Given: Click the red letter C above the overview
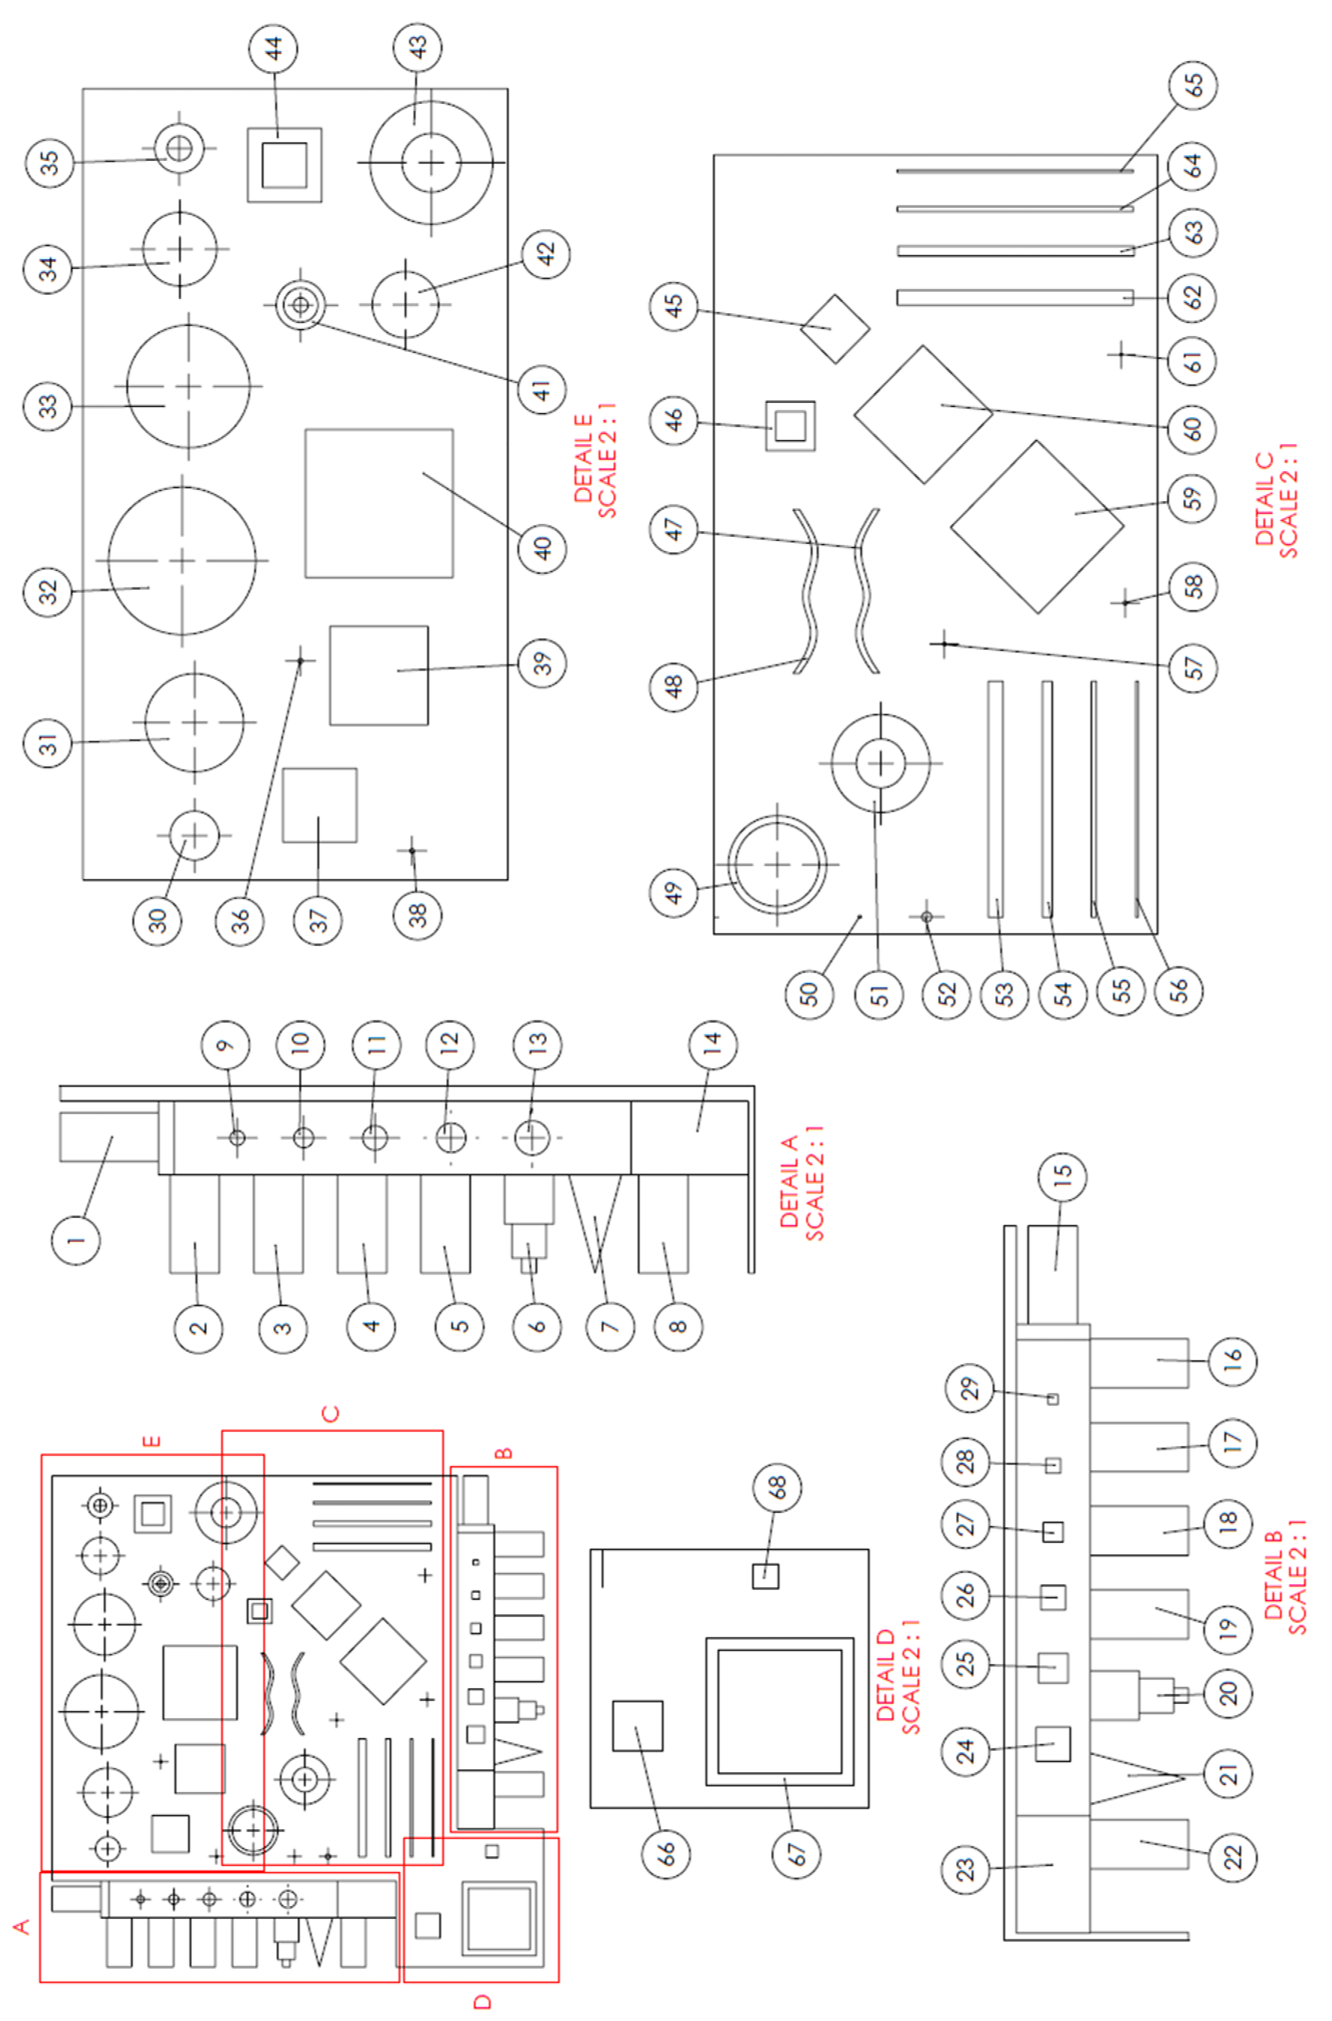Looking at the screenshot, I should click(x=331, y=1413).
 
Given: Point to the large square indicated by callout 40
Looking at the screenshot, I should click(x=379, y=503).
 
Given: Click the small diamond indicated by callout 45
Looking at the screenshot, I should click(x=835, y=328).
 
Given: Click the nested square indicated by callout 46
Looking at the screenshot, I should click(x=790, y=425).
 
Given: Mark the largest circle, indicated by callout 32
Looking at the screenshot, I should click(x=182, y=561).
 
